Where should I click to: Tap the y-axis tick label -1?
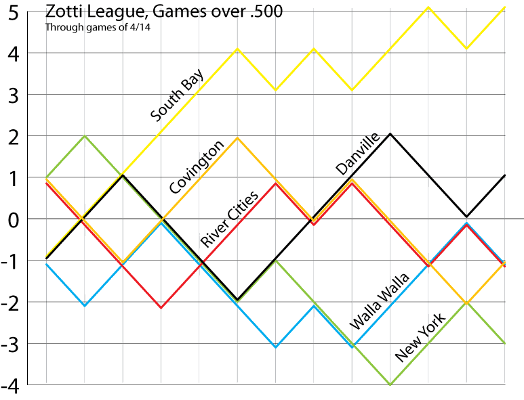pyautogui.click(x=12, y=261)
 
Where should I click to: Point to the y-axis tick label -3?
pyautogui.click(x=12, y=344)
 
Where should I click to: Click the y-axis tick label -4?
pyautogui.click(x=12, y=385)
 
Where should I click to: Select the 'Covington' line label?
pyautogui.click(x=197, y=167)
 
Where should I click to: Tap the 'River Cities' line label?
pyautogui.click(x=229, y=219)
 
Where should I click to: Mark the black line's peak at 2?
pyautogui.click(x=390, y=134)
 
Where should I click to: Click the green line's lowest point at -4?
pyautogui.click(x=390, y=384)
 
